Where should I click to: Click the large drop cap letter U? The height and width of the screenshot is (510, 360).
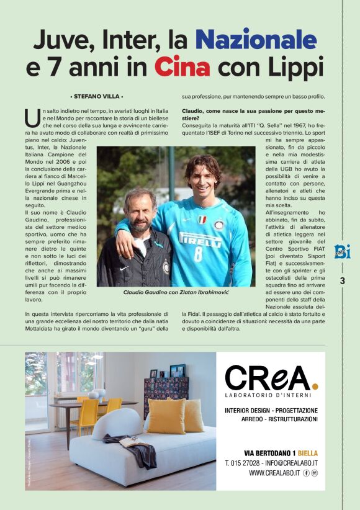[x=32, y=117]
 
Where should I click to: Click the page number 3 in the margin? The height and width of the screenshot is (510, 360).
[x=342, y=281]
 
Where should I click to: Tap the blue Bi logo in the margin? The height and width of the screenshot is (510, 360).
[x=342, y=251]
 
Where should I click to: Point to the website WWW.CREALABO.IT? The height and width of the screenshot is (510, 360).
[x=274, y=473]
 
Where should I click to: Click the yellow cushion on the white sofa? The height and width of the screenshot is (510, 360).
[x=166, y=415]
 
